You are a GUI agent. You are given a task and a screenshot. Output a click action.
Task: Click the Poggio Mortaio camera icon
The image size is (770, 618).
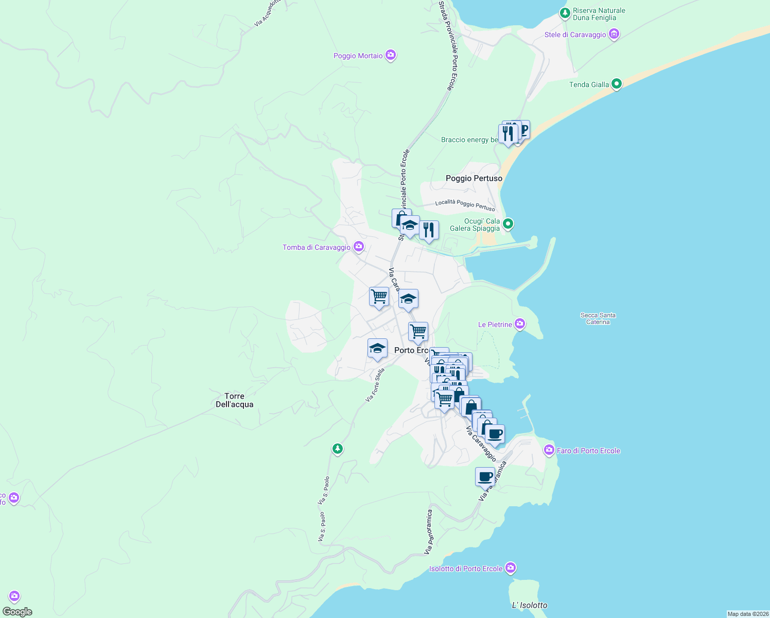click(x=391, y=55)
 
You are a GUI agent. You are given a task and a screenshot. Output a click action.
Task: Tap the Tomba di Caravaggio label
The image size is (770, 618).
click(x=316, y=248)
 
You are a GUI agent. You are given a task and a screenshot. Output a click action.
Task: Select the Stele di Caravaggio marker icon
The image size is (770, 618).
click(x=614, y=35)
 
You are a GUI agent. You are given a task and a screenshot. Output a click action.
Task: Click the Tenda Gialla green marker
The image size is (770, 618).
click(x=616, y=84)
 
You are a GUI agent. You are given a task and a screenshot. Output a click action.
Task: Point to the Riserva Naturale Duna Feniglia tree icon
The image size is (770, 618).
click(x=565, y=12)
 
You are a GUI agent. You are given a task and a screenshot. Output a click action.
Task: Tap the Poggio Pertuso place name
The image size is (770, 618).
click(x=474, y=178)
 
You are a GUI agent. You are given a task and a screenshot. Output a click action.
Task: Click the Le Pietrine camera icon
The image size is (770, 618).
click(x=520, y=324)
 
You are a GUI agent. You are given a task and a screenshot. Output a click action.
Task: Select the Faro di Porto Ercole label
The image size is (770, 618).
click(x=588, y=451)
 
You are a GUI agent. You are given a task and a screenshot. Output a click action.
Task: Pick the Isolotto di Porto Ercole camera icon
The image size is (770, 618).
click(x=510, y=568)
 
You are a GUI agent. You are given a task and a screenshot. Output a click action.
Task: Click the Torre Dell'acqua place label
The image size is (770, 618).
click(x=234, y=400)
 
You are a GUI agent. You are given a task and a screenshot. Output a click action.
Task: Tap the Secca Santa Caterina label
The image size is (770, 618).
click(x=598, y=318)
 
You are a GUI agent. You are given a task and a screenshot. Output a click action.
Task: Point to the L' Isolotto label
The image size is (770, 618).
click(x=530, y=605)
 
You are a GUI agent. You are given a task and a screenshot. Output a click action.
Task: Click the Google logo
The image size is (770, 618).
click(x=17, y=612)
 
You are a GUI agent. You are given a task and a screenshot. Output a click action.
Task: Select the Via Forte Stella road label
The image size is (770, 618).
click(x=375, y=385)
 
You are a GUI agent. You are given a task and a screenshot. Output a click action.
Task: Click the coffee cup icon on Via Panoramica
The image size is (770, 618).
click(x=485, y=476)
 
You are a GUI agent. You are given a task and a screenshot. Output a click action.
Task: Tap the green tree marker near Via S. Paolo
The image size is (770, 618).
click(x=337, y=449)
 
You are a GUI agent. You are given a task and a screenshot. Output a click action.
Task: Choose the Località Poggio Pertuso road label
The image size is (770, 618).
click(x=465, y=205)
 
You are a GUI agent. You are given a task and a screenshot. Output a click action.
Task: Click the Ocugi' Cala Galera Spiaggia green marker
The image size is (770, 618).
click(x=508, y=224)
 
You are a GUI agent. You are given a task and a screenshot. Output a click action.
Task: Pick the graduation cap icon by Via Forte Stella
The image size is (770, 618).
click(x=377, y=348)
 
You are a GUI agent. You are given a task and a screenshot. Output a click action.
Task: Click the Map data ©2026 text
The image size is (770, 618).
click(x=747, y=614)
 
